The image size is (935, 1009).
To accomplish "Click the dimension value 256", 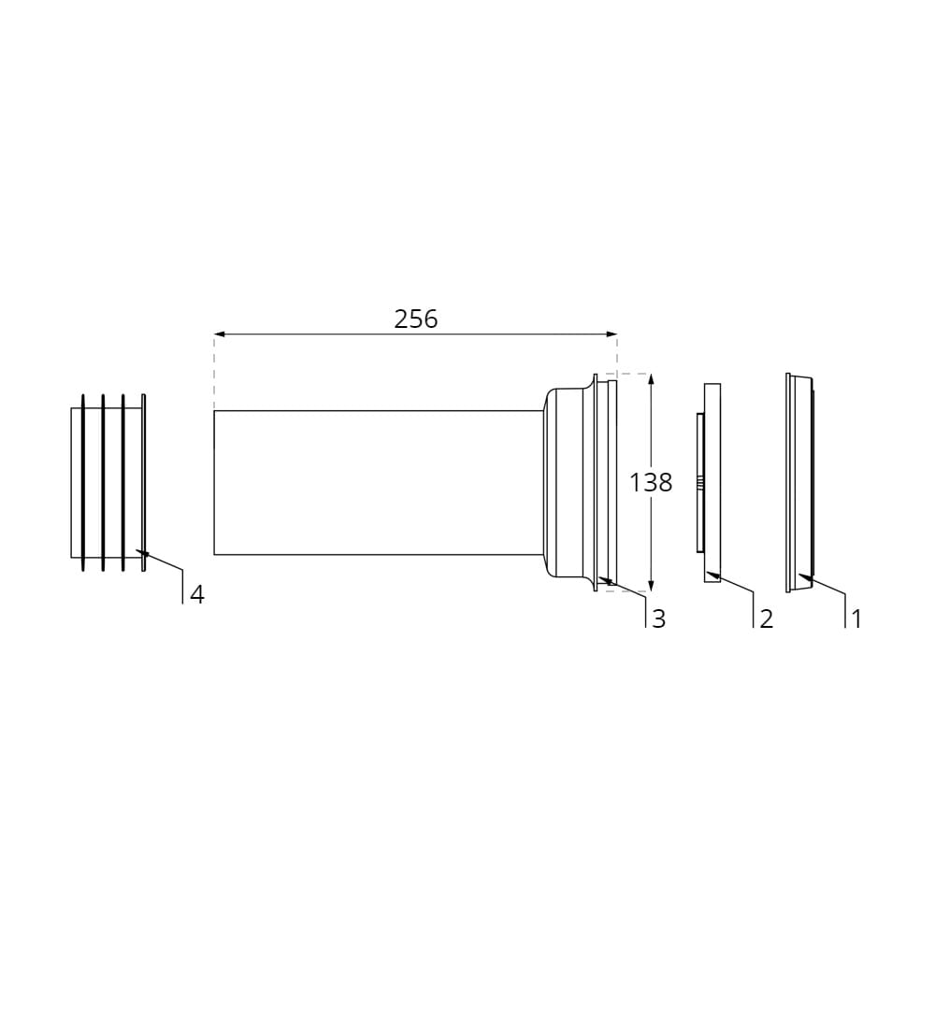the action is tap(415, 320).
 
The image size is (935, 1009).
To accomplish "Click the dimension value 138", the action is tap(651, 482).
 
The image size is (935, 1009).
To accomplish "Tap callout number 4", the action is tap(197, 594).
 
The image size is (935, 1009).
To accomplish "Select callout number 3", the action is tap(659, 618).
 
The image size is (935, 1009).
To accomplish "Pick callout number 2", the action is tap(767, 618).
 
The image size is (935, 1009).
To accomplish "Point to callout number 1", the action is tap(856, 618).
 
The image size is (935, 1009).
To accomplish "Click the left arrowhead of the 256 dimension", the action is tap(220, 334).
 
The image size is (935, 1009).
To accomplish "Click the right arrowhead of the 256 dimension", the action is tap(611, 334).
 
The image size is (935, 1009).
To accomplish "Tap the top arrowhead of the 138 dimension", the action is tap(651, 379).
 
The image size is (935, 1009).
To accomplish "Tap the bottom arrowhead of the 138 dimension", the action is tap(651, 586).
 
